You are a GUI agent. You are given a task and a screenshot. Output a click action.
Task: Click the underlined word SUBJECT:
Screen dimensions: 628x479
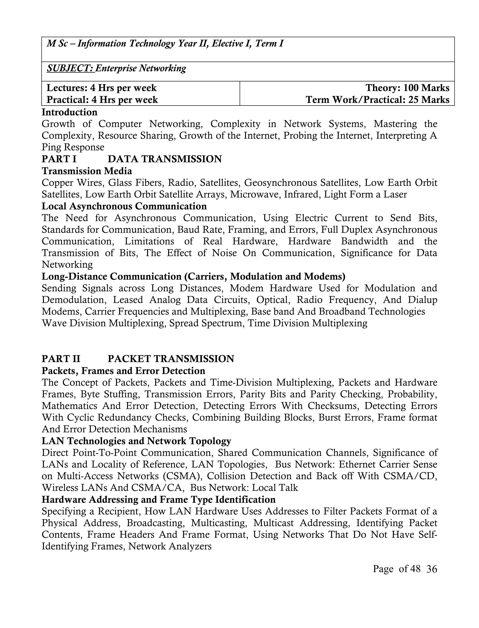70,69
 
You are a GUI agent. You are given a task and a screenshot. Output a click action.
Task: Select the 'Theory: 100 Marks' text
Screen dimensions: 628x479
407,88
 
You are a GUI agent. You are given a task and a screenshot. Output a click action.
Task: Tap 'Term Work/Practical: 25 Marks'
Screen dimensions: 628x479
377,100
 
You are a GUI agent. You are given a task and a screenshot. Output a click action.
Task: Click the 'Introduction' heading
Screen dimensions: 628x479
69,112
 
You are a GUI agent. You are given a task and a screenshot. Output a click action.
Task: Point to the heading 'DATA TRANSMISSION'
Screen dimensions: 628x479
165,159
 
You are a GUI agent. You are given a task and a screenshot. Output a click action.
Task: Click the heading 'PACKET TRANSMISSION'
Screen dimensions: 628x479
171,359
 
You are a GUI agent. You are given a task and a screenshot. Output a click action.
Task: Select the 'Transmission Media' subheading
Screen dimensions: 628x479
87,171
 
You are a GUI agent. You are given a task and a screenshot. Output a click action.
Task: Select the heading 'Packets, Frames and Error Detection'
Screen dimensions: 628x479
123,371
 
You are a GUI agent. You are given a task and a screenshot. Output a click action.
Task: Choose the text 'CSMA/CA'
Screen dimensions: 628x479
156,488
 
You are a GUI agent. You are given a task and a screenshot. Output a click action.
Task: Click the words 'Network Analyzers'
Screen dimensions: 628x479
170,546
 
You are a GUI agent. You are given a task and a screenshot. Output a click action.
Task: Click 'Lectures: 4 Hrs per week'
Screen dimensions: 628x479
102,88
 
